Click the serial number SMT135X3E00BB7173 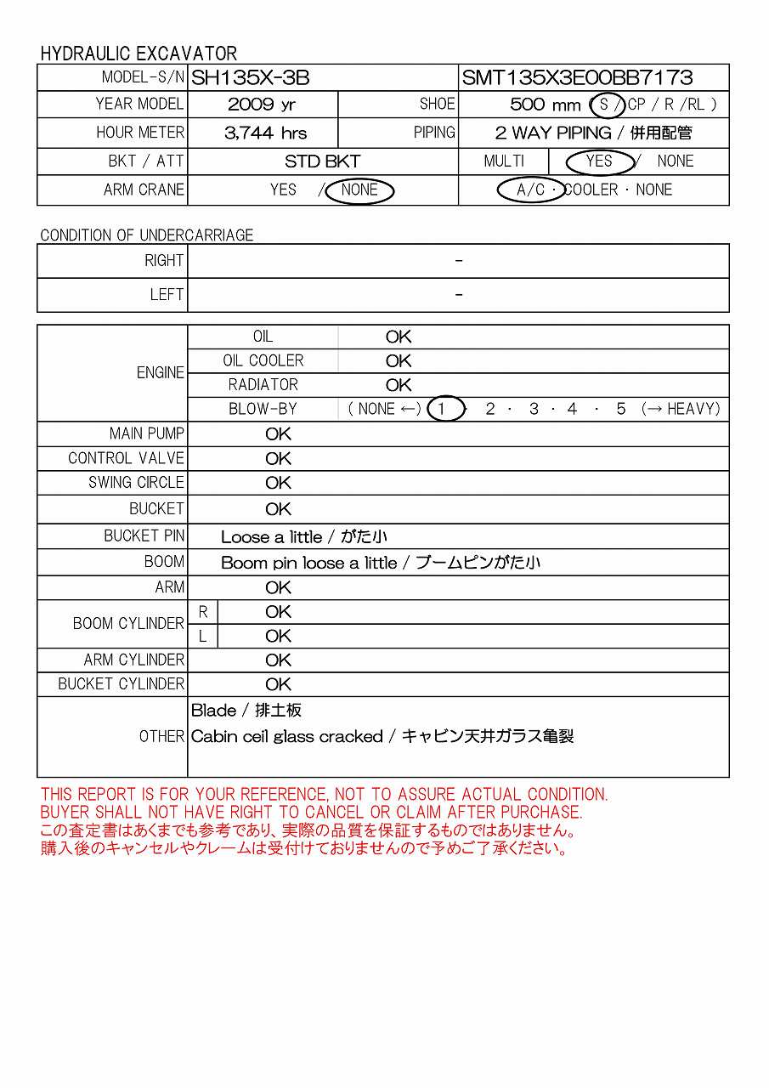pyautogui.click(x=577, y=78)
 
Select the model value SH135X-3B pyautogui.click(x=250, y=78)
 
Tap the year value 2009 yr pyautogui.click(x=262, y=105)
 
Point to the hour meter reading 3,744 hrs pyautogui.click(x=265, y=133)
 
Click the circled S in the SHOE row pyautogui.click(x=605, y=105)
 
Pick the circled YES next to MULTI pyautogui.click(x=599, y=161)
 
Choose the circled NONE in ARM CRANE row pyautogui.click(x=359, y=190)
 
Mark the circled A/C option pyautogui.click(x=531, y=190)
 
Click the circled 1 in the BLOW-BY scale pyautogui.click(x=442, y=409)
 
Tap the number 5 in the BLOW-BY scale pyautogui.click(x=621, y=409)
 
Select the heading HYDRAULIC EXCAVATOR pyautogui.click(x=139, y=54)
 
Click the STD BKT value pyautogui.click(x=322, y=161)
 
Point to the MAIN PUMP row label pyautogui.click(x=146, y=433)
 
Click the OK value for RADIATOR pyautogui.click(x=398, y=385)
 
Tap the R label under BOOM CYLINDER pyautogui.click(x=203, y=612)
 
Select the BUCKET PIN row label pyautogui.click(x=144, y=535)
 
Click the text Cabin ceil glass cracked pyautogui.click(x=286, y=736)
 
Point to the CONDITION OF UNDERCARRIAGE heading pyautogui.click(x=146, y=235)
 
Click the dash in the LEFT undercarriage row pyautogui.click(x=459, y=294)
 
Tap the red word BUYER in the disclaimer pyautogui.click(x=65, y=813)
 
